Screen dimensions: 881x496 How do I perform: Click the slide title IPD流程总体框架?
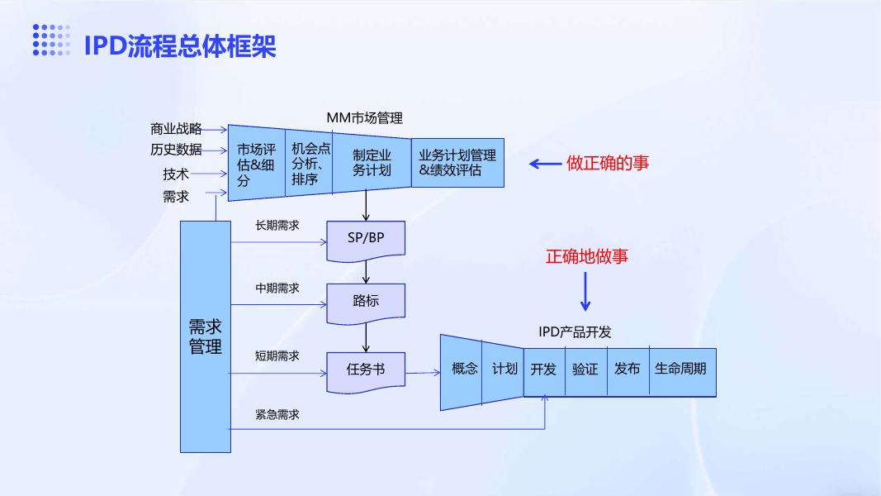tap(180, 45)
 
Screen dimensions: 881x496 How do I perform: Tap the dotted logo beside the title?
tap(51, 40)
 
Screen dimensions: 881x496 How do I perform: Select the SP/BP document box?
tap(366, 241)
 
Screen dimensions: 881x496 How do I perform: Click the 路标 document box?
tap(366, 303)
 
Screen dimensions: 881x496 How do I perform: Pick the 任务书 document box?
tap(366, 372)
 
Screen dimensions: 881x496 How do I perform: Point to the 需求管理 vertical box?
tap(206, 336)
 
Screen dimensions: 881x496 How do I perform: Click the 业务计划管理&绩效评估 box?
tap(457, 163)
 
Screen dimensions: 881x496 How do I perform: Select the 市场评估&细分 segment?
tap(257, 163)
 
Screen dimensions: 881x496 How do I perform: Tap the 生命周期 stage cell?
tap(683, 372)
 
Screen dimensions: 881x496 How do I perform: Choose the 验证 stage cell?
tap(586, 372)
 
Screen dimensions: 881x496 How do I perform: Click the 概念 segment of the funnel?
tap(462, 372)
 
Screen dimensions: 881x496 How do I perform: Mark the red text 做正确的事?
tap(608, 163)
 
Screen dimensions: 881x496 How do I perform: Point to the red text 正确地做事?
tap(586, 256)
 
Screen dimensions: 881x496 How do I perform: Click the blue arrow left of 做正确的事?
tap(545, 164)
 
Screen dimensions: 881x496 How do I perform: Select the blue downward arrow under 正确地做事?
tap(585, 291)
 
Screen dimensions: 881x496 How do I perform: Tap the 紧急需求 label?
tap(277, 414)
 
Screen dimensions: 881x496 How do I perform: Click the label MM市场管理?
tap(365, 118)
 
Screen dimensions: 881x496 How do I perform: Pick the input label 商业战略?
tap(176, 129)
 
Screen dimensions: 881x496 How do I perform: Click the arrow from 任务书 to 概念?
tap(423, 372)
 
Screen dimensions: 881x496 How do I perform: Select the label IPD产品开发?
tap(575, 331)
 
